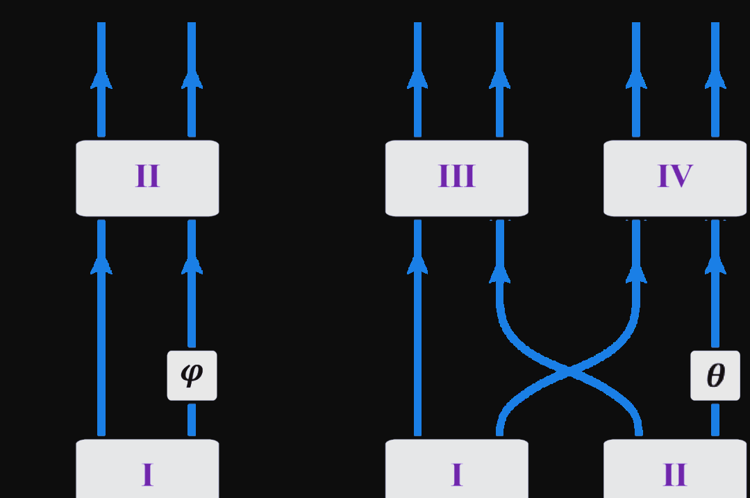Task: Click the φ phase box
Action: [x=192, y=375]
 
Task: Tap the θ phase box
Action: [x=715, y=375]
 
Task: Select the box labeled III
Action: [x=456, y=178]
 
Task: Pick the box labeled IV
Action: [x=674, y=178]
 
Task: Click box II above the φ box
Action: [x=147, y=178]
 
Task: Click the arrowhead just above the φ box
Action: [x=192, y=265]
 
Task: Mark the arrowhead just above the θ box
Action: [x=715, y=265]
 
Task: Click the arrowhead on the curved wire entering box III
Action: [x=499, y=273]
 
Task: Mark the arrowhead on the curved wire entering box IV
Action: [x=636, y=273]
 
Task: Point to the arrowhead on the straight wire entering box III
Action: [x=417, y=265]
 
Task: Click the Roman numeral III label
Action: [x=456, y=177]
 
